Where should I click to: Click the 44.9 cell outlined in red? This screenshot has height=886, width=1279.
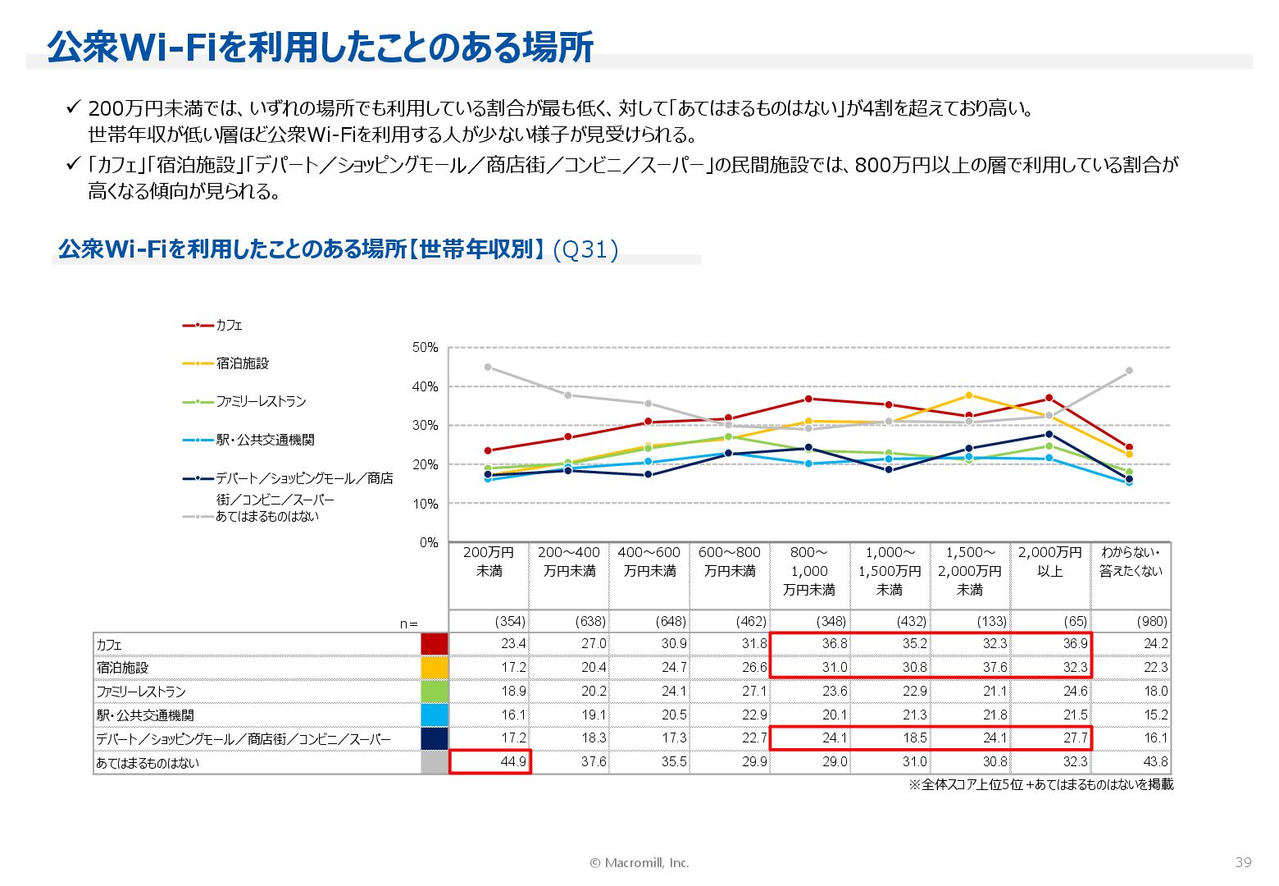[x=490, y=761]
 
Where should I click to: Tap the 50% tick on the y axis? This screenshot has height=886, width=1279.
[x=426, y=348]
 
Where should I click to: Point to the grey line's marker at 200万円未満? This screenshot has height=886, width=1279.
[x=488, y=367]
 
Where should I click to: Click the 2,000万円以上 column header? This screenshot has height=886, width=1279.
[x=1050, y=562]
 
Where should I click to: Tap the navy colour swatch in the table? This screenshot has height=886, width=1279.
[x=434, y=738]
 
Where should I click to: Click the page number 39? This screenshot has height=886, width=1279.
[x=1243, y=861]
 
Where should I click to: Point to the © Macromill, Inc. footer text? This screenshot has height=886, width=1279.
[x=639, y=862]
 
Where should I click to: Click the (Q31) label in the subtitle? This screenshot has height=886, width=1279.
[x=585, y=249]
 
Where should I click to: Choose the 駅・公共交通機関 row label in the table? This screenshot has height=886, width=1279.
[x=145, y=715]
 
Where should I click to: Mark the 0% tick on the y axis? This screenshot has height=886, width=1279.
[x=429, y=542]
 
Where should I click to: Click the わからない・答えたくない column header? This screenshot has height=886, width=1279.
[x=1131, y=562]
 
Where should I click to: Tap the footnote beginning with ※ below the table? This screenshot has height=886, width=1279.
[x=1040, y=784]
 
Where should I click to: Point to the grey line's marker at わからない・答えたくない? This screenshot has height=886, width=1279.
[x=1129, y=371]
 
